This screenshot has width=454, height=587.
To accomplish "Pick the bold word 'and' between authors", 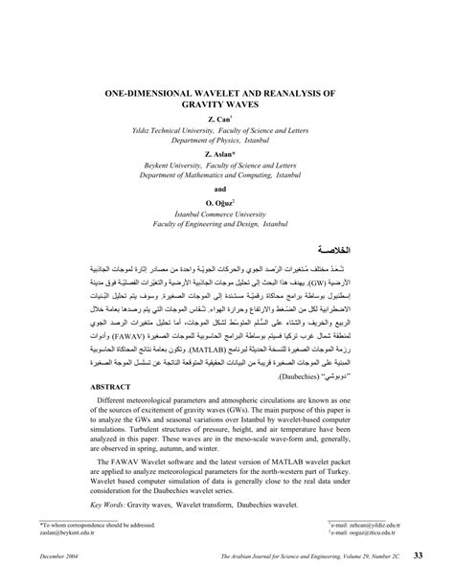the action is click(226, 190).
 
